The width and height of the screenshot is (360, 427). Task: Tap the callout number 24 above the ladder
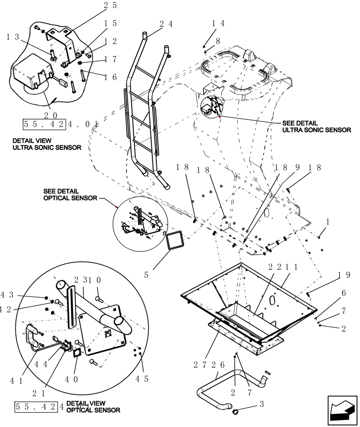tap(166, 24)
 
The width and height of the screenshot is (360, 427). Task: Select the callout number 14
tap(218, 23)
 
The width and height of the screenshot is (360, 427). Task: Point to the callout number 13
tap(13, 38)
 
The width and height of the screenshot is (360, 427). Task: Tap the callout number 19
tap(343, 275)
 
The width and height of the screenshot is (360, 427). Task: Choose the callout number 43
tap(8, 295)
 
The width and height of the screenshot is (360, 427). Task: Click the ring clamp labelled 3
tap(235, 412)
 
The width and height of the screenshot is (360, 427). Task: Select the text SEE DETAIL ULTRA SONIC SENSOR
tap(316, 126)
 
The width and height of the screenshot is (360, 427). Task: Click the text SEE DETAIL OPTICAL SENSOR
tap(70, 195)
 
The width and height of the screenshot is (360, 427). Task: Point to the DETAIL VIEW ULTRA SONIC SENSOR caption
tap(47, 144)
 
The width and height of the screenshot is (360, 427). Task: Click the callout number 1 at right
tap(328, 222)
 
